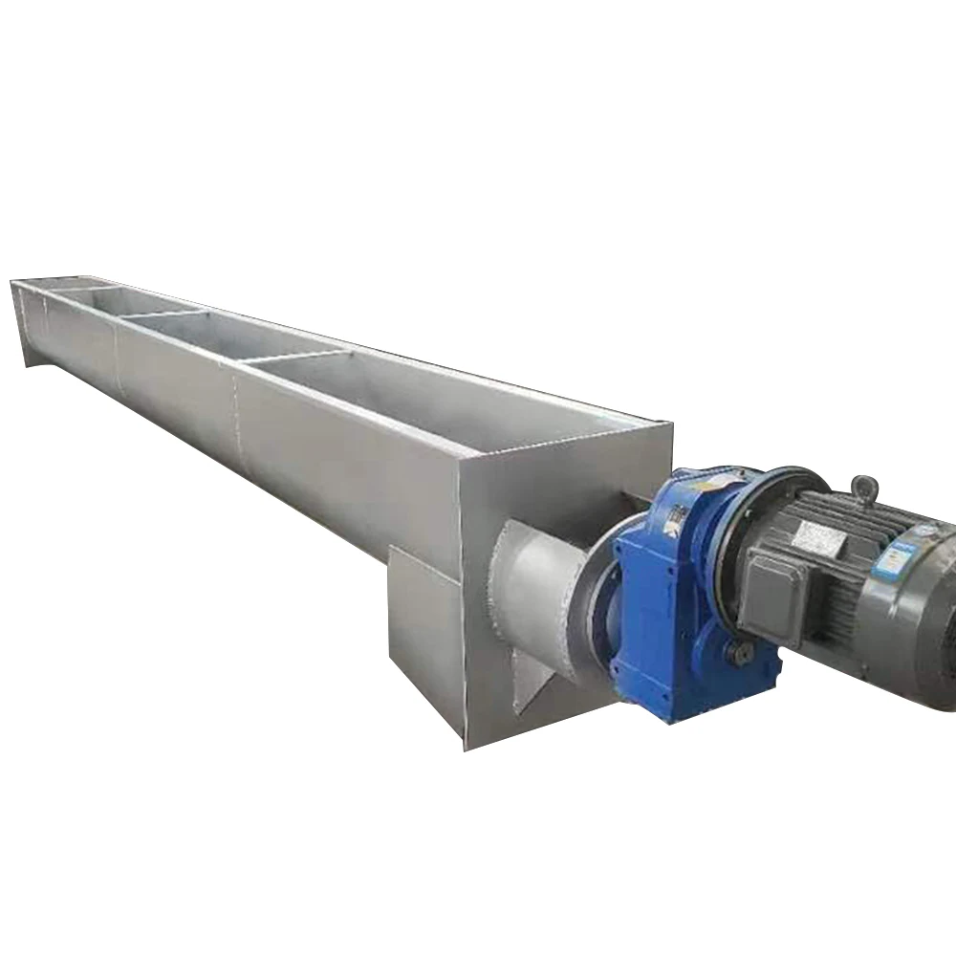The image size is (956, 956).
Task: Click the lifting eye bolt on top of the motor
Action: pos(865,487)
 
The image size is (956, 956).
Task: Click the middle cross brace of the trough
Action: pos(163,313)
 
